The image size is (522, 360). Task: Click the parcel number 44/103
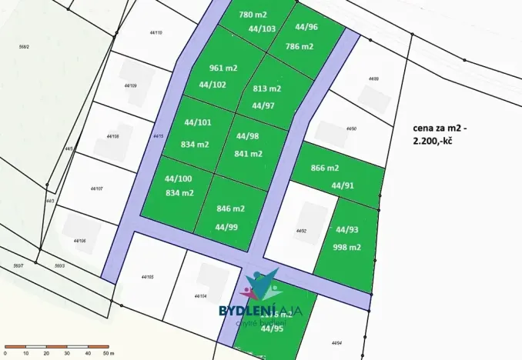pyautogui.click(x=262, y=28)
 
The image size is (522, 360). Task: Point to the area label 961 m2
pyautogui.click(x=222, y=68)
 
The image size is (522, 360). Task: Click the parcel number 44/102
pyautogui.click(x=212, y=85)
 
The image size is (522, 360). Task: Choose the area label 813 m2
pyautogui.click(x=266, y=88)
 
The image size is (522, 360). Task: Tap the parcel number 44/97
pyautogui.click(x=263, y=105)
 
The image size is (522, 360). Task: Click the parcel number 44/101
pyautogui.click(x=198, y=122)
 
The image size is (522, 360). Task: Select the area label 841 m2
pyautogui.click(x=248, y=153)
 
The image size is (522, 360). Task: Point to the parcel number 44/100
pyautogui.click(x=179, y=178)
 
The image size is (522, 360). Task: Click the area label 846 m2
pyautogui.click(x=230, y=208)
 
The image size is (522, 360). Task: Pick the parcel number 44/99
pyautogui.click(x=226, y=227)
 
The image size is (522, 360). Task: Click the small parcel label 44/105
pyautogui.click(x=148, y=277)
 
